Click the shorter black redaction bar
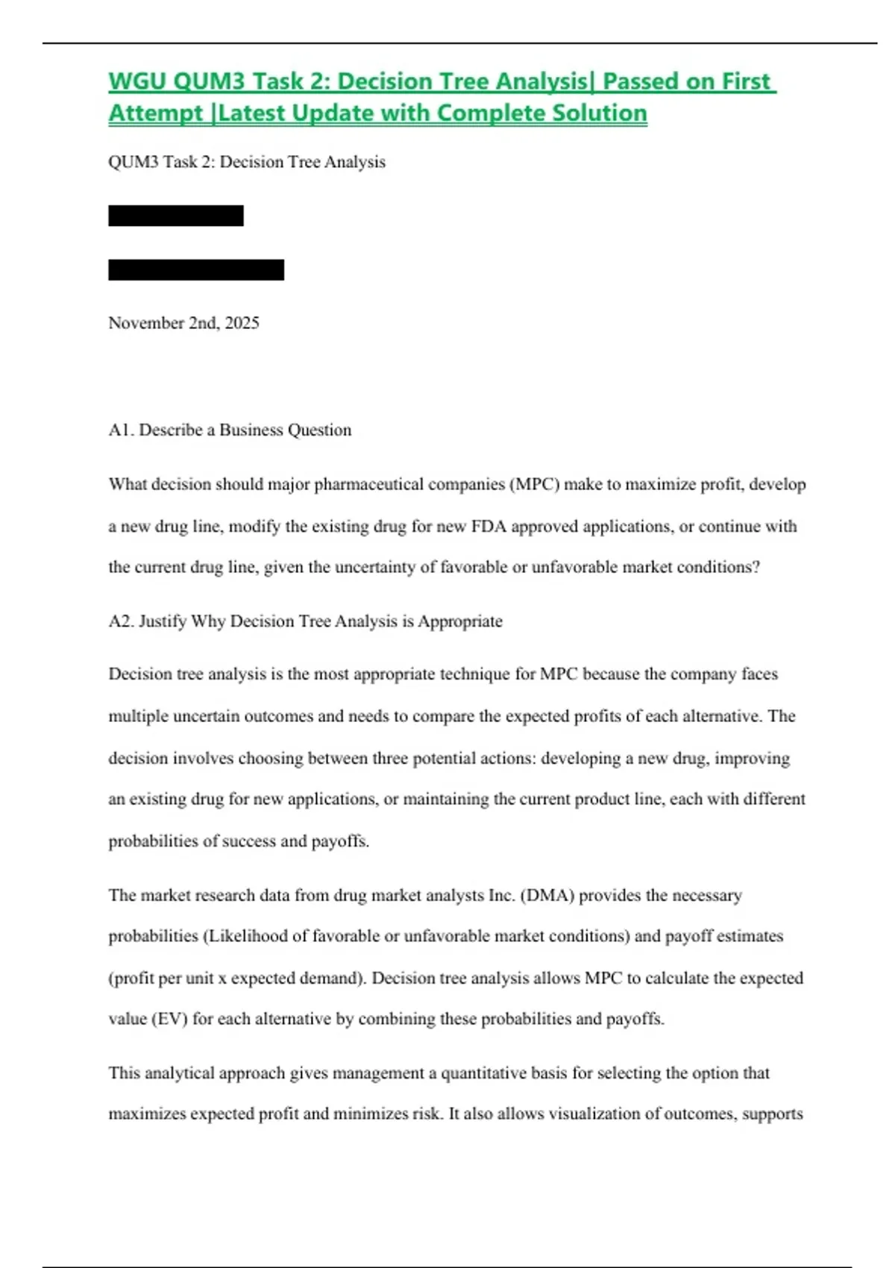(x=176, y=216)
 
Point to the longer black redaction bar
(x=196, y=270)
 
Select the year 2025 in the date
(x=242, y=323)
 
